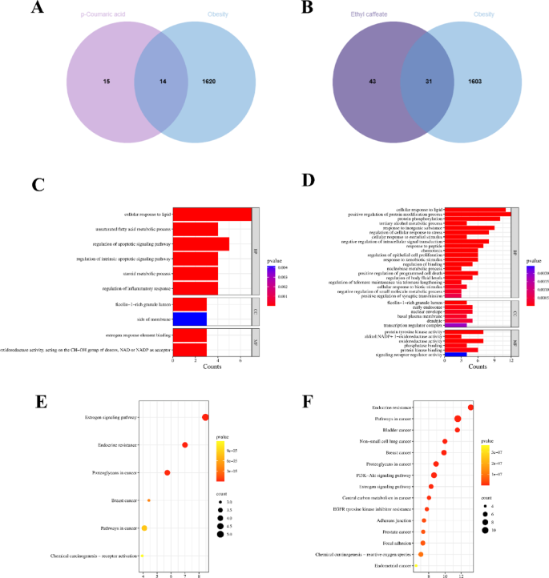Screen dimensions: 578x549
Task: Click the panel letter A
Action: (x=37, y=10)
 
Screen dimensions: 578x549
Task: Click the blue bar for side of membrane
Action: (x=190, y=319)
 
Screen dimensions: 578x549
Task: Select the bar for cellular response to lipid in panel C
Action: (x=212, y=214)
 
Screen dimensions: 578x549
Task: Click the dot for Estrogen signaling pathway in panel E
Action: (x=205, y=417)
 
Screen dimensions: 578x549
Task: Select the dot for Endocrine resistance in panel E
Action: (x=185, y=445)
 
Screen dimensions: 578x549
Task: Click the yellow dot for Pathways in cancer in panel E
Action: (x=144, y=528)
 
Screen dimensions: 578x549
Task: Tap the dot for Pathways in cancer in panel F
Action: (x=458, y=419)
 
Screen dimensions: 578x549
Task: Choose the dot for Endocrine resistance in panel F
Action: (x=470, y=407)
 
